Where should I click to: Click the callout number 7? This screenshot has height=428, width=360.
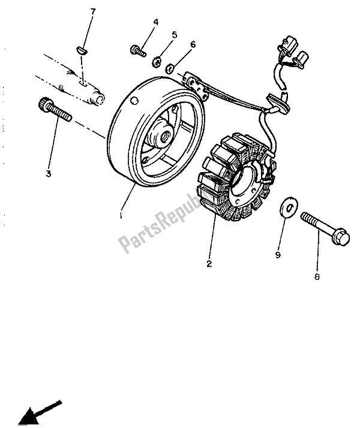click(x=92, y=12)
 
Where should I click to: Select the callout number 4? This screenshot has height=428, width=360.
click(x=155, y=22)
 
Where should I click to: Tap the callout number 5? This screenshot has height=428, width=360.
click(x=175, y=35)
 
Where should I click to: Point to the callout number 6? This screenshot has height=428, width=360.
click(x=193, y=44)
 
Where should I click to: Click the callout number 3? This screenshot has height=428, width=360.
click(x=47, y=174)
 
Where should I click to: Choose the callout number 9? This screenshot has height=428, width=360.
click(x=277, y=255)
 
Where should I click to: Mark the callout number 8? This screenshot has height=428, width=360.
click(x=317, y=277)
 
